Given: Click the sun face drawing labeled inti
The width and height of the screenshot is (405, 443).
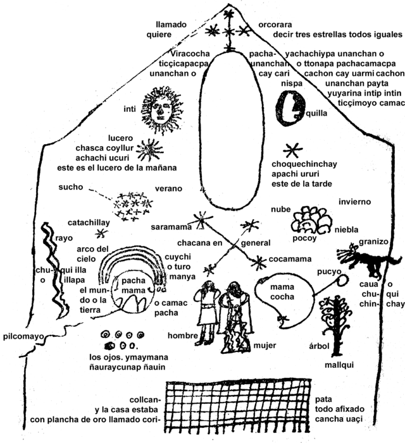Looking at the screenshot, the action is [160, 109].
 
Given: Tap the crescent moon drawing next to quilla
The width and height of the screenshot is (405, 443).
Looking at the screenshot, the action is [290, 108].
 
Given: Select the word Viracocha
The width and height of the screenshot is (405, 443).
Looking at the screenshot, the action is [190, 54].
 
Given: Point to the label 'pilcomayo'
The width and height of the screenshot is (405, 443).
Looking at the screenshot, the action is [23, 336].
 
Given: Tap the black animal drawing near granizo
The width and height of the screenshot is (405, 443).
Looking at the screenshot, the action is [368, 259].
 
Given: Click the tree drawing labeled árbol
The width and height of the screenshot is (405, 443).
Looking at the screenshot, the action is [336, 325].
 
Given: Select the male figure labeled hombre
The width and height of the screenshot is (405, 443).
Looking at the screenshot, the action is [207, 312].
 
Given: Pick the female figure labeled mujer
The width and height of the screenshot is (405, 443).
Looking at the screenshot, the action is [235, 317].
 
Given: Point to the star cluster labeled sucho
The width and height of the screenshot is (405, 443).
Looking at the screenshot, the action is [132, 207].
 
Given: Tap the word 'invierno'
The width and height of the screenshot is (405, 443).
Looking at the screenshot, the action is [354, 202].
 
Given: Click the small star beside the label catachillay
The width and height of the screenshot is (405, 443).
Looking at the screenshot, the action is [101, 234].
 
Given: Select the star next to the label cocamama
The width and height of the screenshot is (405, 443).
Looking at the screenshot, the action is [258, 262].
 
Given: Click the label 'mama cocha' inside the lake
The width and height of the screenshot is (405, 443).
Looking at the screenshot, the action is [282, 292].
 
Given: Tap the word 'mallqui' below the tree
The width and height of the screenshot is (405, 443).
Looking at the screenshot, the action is [339, 365].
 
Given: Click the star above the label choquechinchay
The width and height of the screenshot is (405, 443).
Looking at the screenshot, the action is [293, 150].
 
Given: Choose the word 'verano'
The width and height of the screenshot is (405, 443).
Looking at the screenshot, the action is [168, 188].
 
